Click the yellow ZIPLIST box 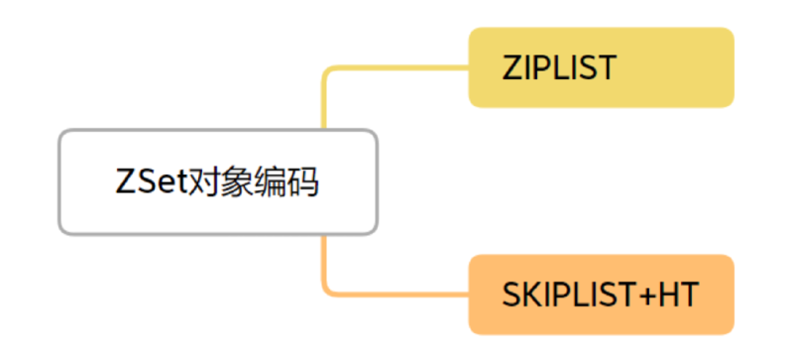tap(602, 67)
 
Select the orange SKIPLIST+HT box tap(602, 295)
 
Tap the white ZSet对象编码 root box tap(218, 182)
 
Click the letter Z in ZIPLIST tap(511, 67)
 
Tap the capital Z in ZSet tap(125, 181)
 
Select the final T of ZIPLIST tap(607, 67)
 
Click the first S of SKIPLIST tap(511, 295)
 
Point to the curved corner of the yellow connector tap(326, 70)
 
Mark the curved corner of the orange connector tap(326, 292)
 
